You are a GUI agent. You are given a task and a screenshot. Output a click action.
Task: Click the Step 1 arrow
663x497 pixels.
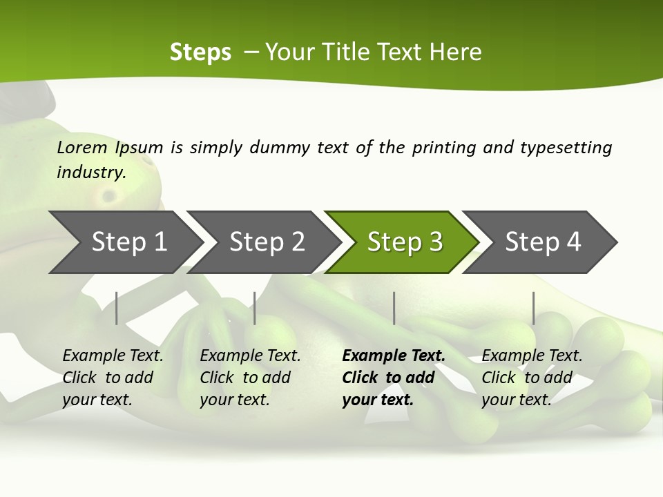pos(128,242)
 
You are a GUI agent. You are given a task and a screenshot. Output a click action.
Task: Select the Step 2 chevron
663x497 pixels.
pos(267,242)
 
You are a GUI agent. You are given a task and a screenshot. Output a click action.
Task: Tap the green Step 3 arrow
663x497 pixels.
pos(405,242)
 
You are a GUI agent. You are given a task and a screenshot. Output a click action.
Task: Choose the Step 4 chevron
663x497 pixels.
pos(543,242)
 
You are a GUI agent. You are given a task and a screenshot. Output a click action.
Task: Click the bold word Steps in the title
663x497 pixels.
pos(200,52)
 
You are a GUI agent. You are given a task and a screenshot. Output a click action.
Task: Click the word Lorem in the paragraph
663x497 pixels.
pos(82,148)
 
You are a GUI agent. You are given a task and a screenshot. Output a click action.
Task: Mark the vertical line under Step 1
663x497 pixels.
pos(117,308)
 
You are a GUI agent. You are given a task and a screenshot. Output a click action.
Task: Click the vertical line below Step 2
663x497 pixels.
pos(255,308)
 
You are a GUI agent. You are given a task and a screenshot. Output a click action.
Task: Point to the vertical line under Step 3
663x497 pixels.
pos(394,308)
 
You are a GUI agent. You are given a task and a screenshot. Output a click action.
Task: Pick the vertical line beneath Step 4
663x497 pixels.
pos(533,308)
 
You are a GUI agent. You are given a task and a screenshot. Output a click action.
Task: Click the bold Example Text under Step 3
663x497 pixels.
pos(394,356)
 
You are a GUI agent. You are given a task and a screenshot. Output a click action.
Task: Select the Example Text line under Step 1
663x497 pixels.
pos(113,356)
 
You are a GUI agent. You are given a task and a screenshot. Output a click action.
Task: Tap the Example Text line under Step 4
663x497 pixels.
pos(532,356)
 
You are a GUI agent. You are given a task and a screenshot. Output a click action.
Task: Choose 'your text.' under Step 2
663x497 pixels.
pos(234,400)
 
